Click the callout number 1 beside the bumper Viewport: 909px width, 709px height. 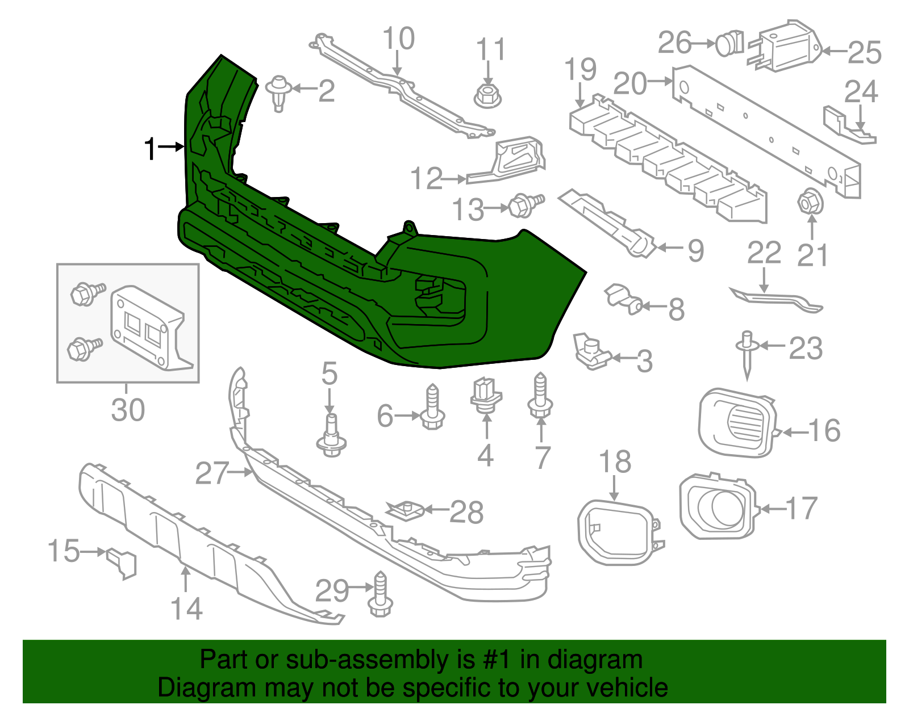(150, 149)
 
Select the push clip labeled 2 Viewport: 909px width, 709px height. (278, 92)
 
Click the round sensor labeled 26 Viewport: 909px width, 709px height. (729, 44)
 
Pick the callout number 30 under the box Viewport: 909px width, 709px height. (128, 410)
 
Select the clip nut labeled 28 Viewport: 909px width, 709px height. (406, 510)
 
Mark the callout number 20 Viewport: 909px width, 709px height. (630, 83)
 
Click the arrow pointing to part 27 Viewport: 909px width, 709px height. (241, 472)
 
